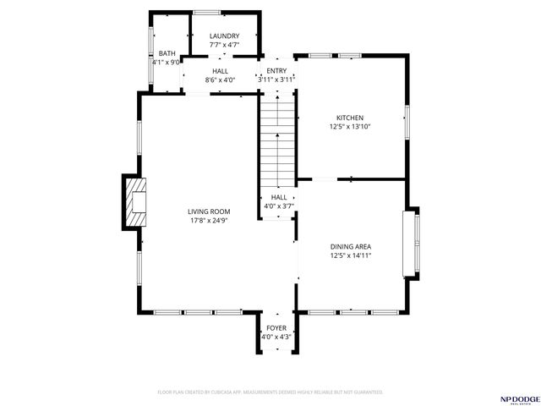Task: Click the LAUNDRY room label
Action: pos(224,36)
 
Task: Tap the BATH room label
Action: pos(167,53)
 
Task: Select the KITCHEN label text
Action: pos(350,118)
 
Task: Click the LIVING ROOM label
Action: pos(209,211)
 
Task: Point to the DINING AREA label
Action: pos(350,246)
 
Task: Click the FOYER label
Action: pos(276,327)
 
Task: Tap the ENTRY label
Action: pos(276,71)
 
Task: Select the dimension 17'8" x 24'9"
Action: pos(209,221)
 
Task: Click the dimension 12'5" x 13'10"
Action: pos(350,127)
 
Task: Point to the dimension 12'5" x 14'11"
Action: pos(350,255)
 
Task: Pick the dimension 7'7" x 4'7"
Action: pos(224,45)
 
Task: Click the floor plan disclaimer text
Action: pos(270,392)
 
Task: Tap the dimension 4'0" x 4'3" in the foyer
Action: pos(276,337)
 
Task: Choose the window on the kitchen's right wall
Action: pos(407,123)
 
